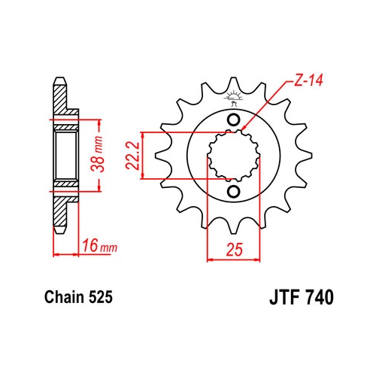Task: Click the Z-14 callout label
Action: pyautogui.click(x=308, y=80)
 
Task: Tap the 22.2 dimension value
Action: pyautogui.click(x=133, y=156)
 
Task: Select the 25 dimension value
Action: pyautogui.click(x=235, y=250)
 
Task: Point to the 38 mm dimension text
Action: pyautogui.click(x=97, y=153)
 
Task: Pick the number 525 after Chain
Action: pyautogui.click(x=100, y=297)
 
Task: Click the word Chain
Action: pyautogui.click(x=64, y=297)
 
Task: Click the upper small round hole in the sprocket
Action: pyautogui.click(x=234, y=120)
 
